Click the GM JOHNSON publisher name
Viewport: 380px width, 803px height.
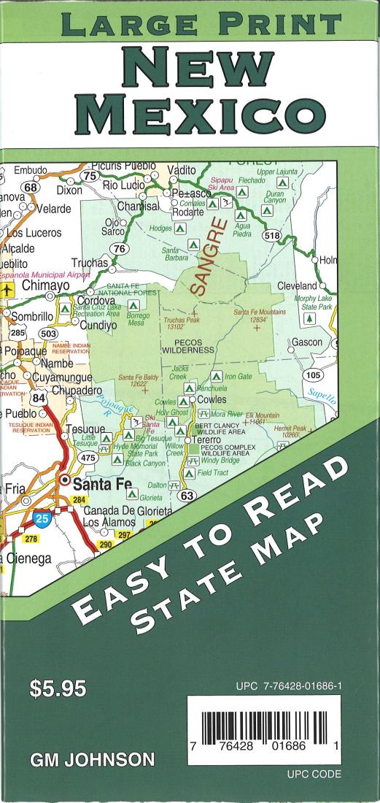(x=92, y=761)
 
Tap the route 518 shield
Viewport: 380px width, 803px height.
(x=271, y=235)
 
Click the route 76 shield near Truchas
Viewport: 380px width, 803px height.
(x=121, y=249)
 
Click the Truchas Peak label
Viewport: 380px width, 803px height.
(x=181, y=323)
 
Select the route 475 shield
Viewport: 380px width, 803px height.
(x=88, y=457)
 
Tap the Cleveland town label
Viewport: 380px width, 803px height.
(x=297, y=286)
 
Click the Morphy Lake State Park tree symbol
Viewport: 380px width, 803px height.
(x=309, y=319)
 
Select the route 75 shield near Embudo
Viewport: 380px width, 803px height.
(x=91, y=176)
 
